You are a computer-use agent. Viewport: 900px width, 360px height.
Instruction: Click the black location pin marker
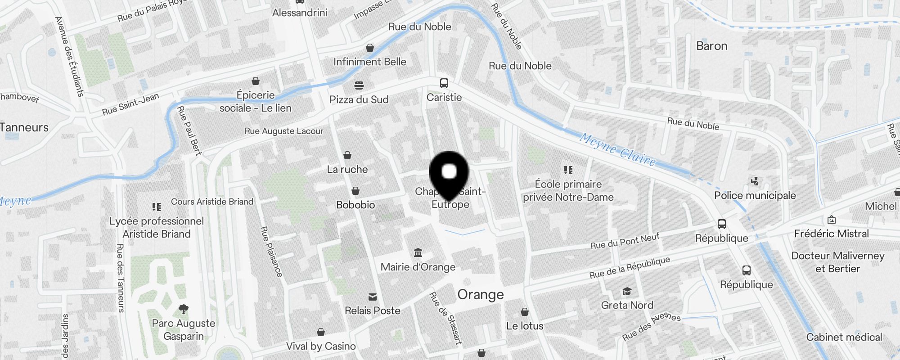pos(449,173)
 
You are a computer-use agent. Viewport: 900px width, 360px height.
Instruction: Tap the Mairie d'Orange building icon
pos(418,252)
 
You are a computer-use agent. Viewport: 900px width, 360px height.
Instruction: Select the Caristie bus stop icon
pos(444,83)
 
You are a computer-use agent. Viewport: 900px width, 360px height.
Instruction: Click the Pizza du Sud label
pos(359,99)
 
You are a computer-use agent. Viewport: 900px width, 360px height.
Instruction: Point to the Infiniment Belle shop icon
pos(370,48)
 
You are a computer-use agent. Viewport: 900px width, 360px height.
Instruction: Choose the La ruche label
pos(347,170)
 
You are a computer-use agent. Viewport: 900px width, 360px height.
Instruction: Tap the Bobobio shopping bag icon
pos(355,191)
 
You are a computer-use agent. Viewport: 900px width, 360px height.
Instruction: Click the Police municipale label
pos(755,195)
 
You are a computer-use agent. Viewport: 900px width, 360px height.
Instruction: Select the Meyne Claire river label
pos(617,149)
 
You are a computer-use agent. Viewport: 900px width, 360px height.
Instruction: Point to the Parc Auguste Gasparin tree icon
pos(183,309)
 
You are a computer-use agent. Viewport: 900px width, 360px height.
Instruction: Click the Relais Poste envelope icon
pos(373,297)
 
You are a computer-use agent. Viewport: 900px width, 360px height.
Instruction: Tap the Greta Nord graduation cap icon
pos(627,292)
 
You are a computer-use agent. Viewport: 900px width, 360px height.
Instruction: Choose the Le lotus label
pos(525,326)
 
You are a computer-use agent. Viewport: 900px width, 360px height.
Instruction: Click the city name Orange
pos(481,295)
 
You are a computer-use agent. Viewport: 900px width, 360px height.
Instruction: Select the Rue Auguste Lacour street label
pos(284,131)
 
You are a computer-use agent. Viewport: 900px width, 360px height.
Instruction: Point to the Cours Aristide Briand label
pos(212,202)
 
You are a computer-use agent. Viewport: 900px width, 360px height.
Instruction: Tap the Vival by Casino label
pos(321,346)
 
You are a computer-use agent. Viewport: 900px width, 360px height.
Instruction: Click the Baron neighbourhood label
pos(711,46)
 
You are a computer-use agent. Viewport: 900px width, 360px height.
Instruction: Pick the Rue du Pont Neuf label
pos(625,241)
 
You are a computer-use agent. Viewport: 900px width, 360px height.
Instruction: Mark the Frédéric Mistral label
pos(831,234)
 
